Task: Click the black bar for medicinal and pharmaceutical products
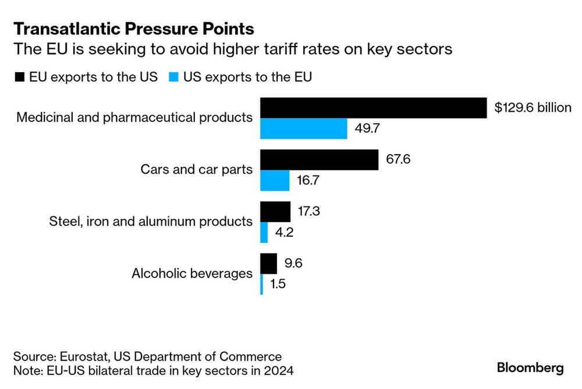[x=374, y=108]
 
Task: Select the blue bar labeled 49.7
[x=304, y=129]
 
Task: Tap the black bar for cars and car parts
[x=319, y=160]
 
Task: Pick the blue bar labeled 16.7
[x=275, y=181]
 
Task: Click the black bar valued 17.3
[x=275, y=212]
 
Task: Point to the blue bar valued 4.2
[x=264, y=233]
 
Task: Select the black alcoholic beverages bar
[x=268, y=263]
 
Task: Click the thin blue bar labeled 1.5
[x=262, y=284]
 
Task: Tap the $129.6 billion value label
[x=533, y=108]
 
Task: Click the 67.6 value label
[x=398, y=159]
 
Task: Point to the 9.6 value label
[x=293, y=263]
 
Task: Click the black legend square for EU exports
[x=20, y=77]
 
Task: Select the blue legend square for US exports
[x=173, y=77]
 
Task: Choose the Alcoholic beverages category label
[x=192, y=273]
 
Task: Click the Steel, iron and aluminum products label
[x=151, y=222]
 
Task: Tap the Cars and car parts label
[x=196, y=169]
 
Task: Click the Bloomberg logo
[x=530, y=368]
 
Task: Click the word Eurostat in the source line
[x=84, y=356]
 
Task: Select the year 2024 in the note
[x=279, y=370]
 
